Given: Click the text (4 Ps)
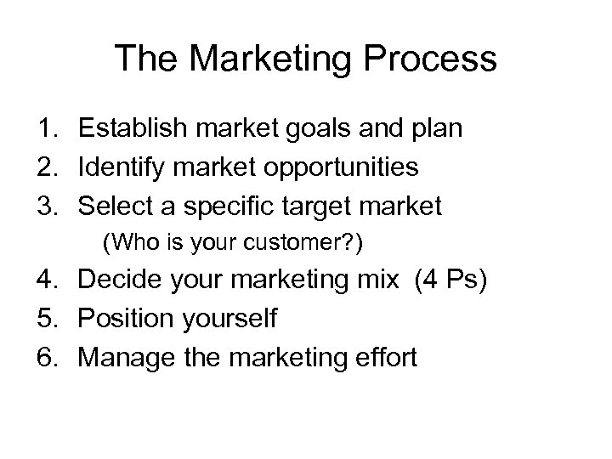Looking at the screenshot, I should pos(450,281).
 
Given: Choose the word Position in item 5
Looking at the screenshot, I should pos(127,319).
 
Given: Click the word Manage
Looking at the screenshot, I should pos(122,357).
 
